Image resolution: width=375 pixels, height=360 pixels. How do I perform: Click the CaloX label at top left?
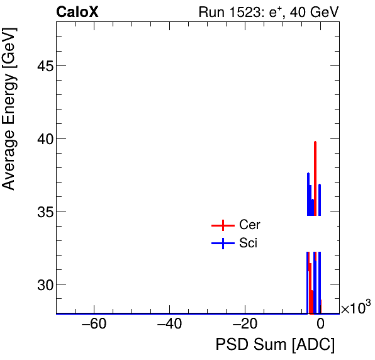click(x=77, y=12)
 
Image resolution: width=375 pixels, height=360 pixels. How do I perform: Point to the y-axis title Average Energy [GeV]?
click(x=9, y=111)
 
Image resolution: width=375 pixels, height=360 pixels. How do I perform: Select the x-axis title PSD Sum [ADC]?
click(x=275, y=345)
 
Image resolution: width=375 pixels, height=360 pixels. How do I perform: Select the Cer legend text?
click(x=249, y=225)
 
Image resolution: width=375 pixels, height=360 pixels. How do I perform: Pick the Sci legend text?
click(x=248, y=244)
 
